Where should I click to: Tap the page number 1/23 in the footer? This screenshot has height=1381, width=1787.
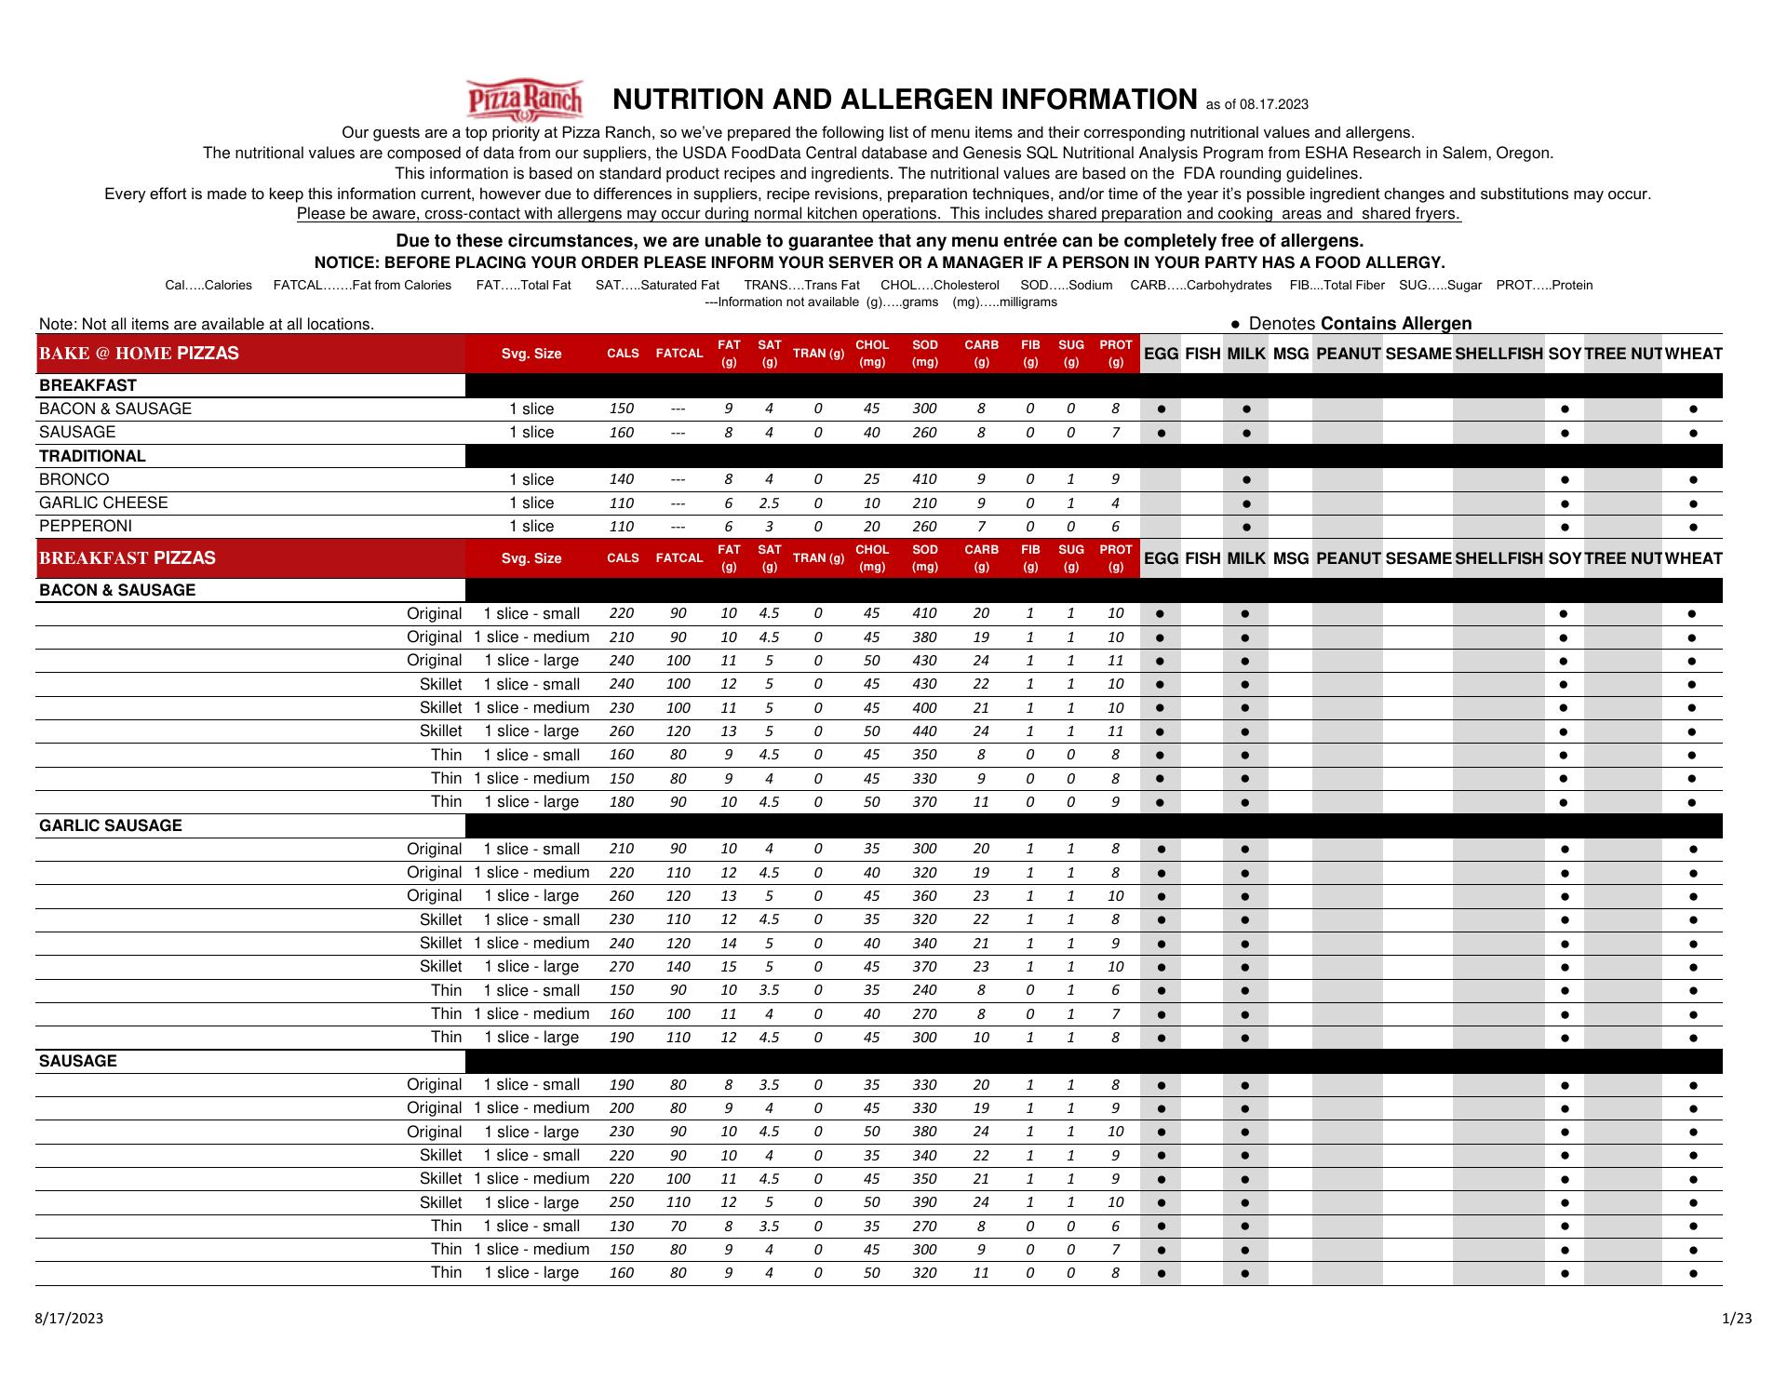pos(1737,1318)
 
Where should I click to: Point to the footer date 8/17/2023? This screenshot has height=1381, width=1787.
pos(69,1318)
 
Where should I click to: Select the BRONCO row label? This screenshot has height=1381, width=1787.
pos(74,479)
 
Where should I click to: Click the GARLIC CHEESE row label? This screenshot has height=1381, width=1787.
pos(103,503)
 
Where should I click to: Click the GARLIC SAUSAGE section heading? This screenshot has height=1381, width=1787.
pos(110,825)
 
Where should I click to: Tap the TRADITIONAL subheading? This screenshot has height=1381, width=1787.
pos(92,456)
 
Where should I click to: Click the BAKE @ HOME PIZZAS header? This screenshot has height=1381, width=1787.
pos(139,354)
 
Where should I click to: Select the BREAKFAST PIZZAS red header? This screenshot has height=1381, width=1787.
pos(127,558)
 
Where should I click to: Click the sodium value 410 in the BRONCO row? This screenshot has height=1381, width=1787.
pos(924,479)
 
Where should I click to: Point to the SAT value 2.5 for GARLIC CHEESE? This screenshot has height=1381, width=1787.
pos(769,503)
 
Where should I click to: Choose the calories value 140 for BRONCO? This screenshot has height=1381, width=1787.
pos(621,479)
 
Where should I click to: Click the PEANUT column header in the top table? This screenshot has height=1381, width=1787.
pos(1348,354)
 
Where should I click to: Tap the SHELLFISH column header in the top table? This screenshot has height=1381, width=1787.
pos(1498,354)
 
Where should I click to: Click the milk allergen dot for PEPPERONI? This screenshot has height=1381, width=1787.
pos(1246,527)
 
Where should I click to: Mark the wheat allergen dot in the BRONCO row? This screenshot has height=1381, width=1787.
pos(1692,480)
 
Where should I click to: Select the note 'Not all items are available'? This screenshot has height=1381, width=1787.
pos(206,324)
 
